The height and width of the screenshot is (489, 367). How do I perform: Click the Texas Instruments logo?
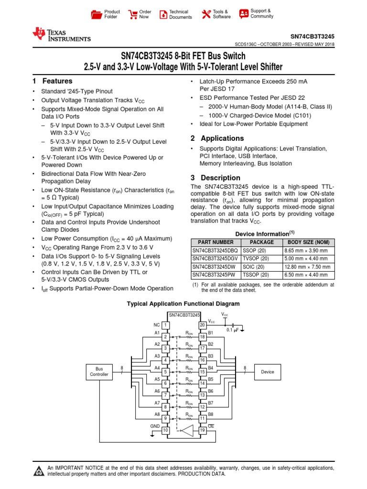point(61,34)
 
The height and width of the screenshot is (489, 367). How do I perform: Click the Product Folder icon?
point(97,14)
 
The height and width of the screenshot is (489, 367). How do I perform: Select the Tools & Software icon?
point(206,14)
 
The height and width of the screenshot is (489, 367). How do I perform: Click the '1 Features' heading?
point(52,81)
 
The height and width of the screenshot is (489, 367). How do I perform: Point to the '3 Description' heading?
point(208,178)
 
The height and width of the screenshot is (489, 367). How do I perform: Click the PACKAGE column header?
point(262,242)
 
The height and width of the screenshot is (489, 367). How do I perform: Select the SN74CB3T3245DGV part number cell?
point(214,258)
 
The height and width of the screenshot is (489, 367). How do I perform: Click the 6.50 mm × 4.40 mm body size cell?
point(306,275)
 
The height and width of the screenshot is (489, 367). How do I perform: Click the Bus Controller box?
point(99,372)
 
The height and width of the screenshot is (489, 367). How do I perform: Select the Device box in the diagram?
point(268,372)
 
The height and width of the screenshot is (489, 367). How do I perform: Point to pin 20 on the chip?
point(202,325)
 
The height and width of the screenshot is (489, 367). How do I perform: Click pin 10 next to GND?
point(166,430)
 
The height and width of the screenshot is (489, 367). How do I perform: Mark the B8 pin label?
point(211,414)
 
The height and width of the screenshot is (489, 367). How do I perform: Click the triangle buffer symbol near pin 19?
point(187,430)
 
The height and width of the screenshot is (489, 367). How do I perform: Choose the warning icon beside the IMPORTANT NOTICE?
point(38,471)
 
